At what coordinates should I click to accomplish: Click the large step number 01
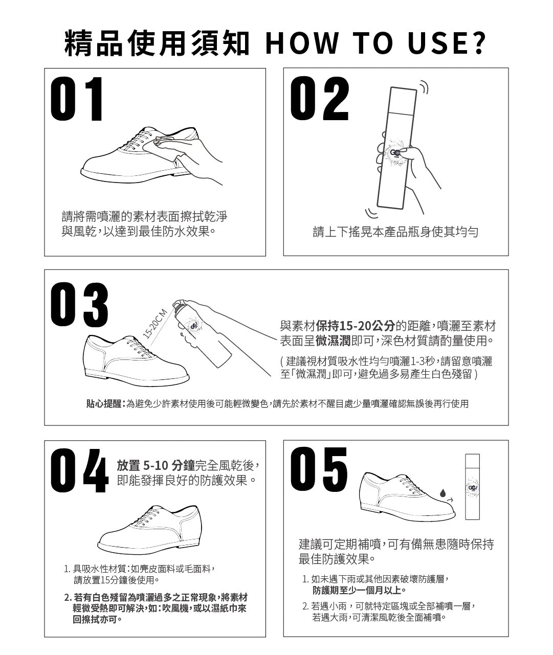tap(77, 99)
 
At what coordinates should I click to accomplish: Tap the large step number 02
tap(320, 99)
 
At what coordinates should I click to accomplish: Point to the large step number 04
tap(80, 470)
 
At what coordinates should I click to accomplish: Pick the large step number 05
tap(319, 469)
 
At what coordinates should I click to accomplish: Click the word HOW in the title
tap(302, 43)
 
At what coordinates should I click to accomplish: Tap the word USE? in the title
tap(447, 43)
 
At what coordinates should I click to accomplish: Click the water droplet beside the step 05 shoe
tap(443, 492)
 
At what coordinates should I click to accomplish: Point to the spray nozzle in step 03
tap(176, 303)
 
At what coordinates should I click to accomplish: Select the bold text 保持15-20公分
tap(355, 326)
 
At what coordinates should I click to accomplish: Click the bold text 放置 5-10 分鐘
tap(156, 465)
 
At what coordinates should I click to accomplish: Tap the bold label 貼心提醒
tap(104, 403)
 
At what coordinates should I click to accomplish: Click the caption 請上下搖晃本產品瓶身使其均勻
tap(395, 232)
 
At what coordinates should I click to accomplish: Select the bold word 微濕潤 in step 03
tap(333, 341)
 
